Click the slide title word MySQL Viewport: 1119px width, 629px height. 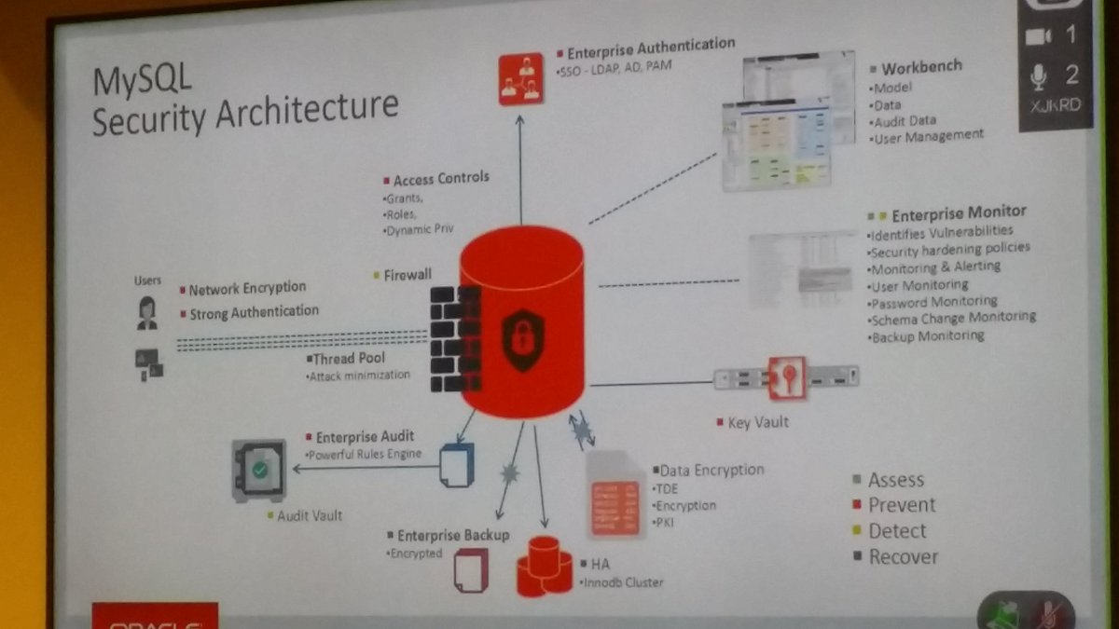click(142, 81)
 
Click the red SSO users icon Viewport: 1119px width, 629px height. click(520, 79)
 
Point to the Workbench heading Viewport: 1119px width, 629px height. click(921, 68)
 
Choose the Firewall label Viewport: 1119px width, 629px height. click(408, 275)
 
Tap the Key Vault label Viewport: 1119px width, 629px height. click(757, 422)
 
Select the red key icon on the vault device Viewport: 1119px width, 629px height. click(787, 376)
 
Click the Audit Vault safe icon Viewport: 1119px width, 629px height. click(259, 471)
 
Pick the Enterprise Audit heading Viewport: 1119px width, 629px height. click(365, 437)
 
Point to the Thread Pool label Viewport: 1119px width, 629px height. click(349, 359)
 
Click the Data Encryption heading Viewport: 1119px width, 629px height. click(711, 471)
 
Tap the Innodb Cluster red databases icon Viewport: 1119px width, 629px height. click(544, 566)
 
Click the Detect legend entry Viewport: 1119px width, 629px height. click(897, 531)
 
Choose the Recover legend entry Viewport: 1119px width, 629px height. click(903, 557)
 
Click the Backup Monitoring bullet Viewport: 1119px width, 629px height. click(928, 335)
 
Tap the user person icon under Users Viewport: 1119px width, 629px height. click(146, 313)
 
